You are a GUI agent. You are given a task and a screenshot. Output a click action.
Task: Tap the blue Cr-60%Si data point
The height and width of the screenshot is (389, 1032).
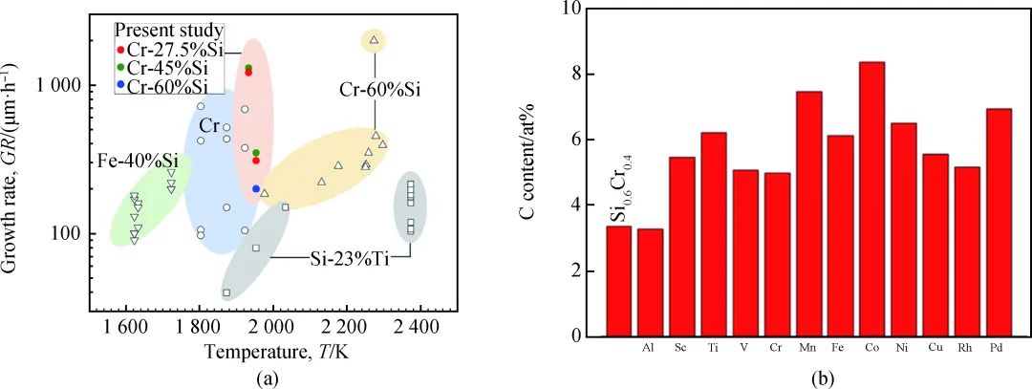pyautogui.click(x=256, y=189)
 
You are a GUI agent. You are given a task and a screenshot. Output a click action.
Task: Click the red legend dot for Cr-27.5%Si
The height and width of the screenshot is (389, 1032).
pyautogui.click(x=120, y=50)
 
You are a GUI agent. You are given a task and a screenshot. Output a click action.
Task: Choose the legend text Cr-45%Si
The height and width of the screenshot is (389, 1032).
pyautogui.click(x=167, y=67)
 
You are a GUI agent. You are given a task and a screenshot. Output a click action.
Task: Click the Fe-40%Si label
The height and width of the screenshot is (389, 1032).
pyautogui.click(x=138, y=160)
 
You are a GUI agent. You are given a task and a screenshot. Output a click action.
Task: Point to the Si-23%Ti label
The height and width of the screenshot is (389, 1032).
pyautogui.click(x=350, y=259)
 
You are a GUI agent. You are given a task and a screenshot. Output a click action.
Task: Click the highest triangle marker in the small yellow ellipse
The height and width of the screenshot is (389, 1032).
pyautogui.click(x=374, y=39)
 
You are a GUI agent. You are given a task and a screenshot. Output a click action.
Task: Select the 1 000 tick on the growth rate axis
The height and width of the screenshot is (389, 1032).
pyautogui.click(x=62, y=86)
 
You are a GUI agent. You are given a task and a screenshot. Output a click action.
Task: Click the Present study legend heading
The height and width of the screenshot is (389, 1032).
pyautogui.click(x=169, y=31)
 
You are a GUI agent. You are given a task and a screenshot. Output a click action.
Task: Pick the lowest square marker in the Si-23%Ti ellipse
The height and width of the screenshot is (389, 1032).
pyautogui.click(x=226, y=292)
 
